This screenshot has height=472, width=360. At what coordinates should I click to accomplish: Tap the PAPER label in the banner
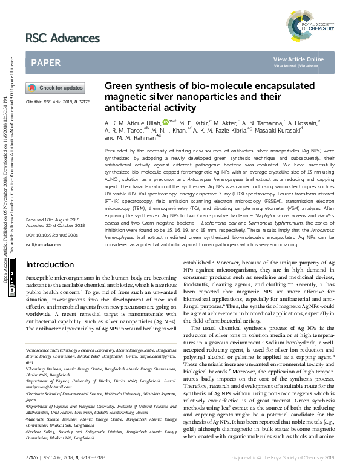45,62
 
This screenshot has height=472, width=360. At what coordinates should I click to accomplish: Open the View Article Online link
298,59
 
